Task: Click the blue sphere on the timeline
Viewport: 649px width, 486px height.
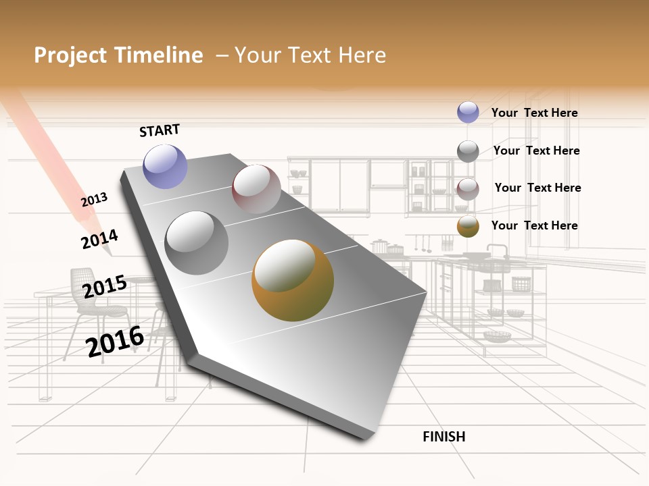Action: pos(165,166)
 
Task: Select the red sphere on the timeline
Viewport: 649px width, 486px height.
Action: pos(256,188)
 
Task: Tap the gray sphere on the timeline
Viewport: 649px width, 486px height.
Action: pos(197,242)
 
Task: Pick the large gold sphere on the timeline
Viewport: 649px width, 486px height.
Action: pos(293,280)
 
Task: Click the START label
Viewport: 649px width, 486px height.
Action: pos(160,130)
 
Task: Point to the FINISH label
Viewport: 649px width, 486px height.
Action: pos(444,437)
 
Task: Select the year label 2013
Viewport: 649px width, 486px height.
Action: pos(95,200)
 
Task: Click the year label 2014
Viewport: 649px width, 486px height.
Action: pos(99,240)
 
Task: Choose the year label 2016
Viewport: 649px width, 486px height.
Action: pos(116,342)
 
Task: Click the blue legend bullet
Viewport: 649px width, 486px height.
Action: pos(468,112)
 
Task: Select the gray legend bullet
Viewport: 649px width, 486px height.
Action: pos(468,151)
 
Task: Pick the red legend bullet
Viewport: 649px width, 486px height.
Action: pos(468,189)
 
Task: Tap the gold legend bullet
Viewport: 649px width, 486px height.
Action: pos(468,226)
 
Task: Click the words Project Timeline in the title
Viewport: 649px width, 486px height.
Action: pos(118,55)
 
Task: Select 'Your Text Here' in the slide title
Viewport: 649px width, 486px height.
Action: pos(310,55)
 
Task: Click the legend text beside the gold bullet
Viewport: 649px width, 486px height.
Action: pos(535,225)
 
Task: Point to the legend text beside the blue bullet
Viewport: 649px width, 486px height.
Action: pos(535,113)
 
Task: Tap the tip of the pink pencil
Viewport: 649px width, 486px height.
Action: pos(108,253)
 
